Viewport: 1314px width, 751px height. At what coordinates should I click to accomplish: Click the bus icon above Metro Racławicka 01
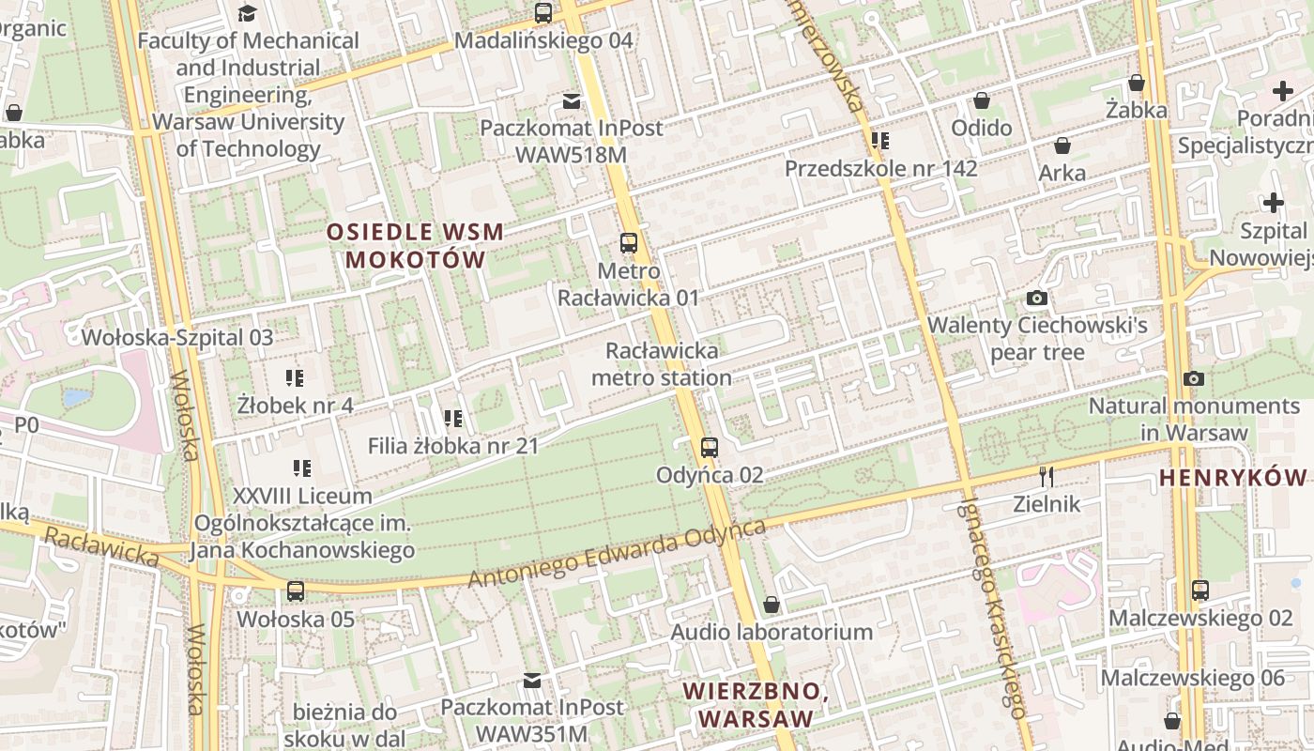coord(629,243)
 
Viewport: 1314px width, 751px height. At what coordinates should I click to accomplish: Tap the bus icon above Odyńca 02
coord(710,447)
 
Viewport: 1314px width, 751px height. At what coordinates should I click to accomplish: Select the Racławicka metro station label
coord(661,364)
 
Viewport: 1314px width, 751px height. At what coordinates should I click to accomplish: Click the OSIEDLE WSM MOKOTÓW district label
coord(415,245)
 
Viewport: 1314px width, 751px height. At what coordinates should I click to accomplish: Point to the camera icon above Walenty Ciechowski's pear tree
coord(1037,298)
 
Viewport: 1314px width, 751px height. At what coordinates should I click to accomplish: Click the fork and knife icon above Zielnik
coord(1047,476)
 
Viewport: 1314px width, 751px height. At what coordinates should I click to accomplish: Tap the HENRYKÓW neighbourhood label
coord(1232,477)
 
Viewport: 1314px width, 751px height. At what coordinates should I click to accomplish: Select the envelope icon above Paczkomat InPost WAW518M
coord(571,100)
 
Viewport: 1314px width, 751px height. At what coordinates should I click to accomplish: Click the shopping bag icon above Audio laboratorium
coord(772,605)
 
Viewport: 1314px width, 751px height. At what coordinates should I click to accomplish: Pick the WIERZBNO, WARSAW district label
coord(755,705)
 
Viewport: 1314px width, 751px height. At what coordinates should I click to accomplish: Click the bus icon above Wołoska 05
coord(296,590)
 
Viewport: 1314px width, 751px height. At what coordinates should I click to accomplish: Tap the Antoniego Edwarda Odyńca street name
coord(617,555)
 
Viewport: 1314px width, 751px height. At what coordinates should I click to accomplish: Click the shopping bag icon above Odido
coord(982,100)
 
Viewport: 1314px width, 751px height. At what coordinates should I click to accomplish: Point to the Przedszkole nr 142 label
coord(880,168)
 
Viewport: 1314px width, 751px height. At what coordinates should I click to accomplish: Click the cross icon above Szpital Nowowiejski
coord(1273,202)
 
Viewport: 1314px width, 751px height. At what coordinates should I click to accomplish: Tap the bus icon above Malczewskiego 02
coord(1200,590)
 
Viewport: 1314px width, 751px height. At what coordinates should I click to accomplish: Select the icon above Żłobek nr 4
coord(295,378)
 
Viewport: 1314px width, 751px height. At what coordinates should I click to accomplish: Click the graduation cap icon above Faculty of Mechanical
coord(247,13)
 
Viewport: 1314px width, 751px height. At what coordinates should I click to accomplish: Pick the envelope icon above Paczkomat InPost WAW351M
coord(532,680)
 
